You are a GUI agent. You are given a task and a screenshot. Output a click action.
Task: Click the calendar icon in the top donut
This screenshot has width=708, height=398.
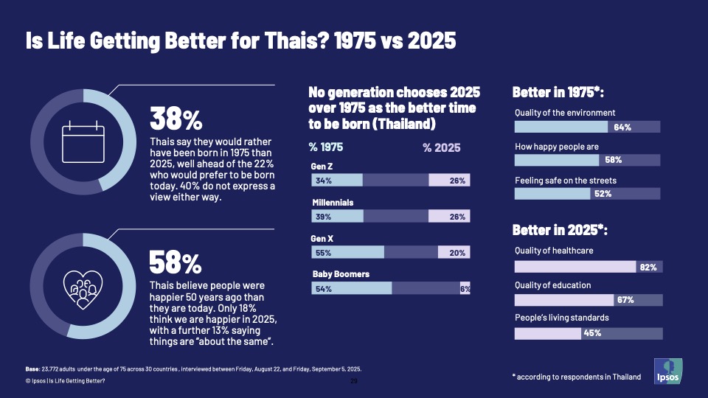coord(83,143)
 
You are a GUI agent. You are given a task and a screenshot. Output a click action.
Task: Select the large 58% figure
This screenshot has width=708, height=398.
coord(176,262)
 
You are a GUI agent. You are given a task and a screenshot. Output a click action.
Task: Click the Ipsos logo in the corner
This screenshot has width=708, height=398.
coord(667,371)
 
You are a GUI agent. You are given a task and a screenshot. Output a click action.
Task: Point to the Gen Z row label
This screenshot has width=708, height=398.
coord(321,167)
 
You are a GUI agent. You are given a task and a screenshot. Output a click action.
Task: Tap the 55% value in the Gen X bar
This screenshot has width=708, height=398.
coord(323,252)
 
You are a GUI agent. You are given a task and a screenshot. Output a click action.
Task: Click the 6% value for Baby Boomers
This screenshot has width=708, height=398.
coord(465,289)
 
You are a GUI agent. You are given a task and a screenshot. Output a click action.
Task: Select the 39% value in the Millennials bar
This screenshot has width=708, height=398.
coord(323,217)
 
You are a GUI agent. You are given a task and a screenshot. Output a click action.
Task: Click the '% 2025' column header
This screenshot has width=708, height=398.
coord(441,147)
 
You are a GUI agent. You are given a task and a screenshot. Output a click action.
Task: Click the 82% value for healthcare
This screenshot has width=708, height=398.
coord(648,267)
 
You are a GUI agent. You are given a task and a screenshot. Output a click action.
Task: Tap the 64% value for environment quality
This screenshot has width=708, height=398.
coord(622,128)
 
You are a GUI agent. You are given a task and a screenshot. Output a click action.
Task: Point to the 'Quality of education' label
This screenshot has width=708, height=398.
coord(552,285)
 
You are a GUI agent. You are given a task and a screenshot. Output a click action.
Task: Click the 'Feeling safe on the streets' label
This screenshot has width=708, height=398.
coord(565,181)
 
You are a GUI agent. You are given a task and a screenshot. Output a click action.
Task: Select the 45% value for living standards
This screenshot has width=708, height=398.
coord(592,333)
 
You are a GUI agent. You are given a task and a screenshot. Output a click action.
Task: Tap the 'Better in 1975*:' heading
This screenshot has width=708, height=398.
coord(558,93)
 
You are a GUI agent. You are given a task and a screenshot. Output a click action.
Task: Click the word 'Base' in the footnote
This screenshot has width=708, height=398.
coord(32,369)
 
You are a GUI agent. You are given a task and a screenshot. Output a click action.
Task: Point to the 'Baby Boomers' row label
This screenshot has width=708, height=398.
coord(341,274)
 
